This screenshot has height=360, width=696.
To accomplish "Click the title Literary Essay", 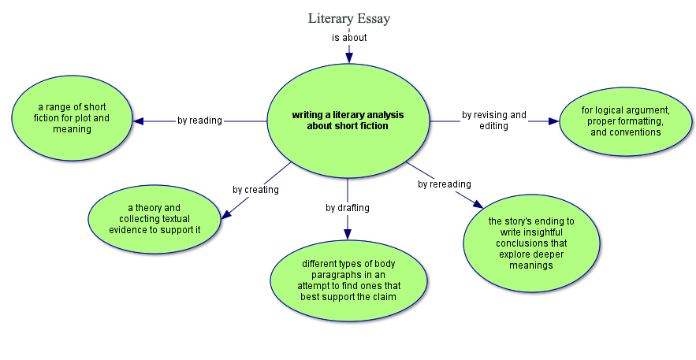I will tap(348, 18).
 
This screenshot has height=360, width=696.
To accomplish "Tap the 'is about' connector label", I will tap(348, 37).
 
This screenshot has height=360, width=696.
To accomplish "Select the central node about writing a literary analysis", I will tap(348, 121).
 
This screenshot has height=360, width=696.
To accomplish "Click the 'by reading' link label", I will tap(199, 121).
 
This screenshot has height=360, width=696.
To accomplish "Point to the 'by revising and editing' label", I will tap(494, 121).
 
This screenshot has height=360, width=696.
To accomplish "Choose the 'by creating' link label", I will tap(255, 190).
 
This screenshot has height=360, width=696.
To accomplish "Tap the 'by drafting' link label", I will tap(348, 208).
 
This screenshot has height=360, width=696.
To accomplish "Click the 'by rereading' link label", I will tap(445, 184).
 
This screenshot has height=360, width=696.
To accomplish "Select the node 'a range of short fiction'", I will tap(72, 118).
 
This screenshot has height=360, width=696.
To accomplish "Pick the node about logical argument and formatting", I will tap(626, 121).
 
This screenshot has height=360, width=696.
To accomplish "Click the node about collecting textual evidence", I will tap(154, 219).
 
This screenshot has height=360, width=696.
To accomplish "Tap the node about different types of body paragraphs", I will tap(348, 280).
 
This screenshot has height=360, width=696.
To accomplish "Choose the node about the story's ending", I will tap(531, 243).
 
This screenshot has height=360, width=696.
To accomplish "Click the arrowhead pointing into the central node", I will tap(348, 57).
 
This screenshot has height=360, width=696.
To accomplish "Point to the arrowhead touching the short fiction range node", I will tap(139, 121).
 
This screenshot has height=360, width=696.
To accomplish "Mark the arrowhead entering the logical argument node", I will tap(553, 121).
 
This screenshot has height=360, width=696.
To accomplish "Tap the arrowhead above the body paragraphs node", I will tap(348, 233).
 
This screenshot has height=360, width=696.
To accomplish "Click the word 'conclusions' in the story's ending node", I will tap(532, 243).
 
